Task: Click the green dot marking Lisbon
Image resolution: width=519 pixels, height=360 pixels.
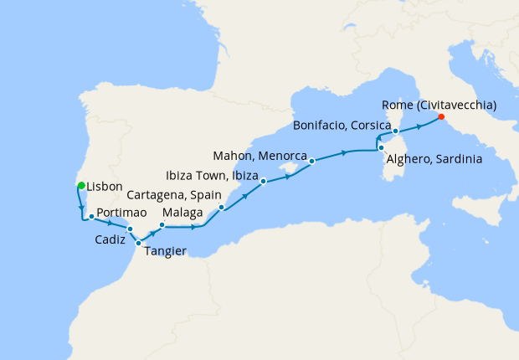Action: (x=80, y=186)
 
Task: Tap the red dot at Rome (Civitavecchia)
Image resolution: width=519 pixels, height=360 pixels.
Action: (x=441, y=118)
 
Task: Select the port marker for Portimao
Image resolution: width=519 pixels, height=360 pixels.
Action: (x=90, y=216)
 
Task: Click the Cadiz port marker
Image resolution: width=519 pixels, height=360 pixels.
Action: (x=130, y=229)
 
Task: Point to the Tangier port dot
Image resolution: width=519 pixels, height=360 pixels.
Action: (x=139, y=243)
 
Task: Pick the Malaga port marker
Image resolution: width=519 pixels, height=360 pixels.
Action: (x=162, y=225)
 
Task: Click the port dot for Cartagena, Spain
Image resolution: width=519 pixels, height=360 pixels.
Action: (x=221, y=207)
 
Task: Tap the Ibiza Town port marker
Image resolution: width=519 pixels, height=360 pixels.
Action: (x=263, y=181)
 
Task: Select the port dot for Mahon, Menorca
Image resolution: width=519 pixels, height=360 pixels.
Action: (x=311, y=161)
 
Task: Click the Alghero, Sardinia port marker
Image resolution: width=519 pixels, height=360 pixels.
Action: (x=380, y=148)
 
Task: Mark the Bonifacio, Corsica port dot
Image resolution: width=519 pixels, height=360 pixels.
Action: (x=395, y=131)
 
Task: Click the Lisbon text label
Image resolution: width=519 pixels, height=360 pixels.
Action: (x=105, y=186)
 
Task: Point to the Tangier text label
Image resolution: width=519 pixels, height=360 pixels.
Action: (x=166, y=250)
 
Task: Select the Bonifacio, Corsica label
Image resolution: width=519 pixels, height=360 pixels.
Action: (x=342, y=126)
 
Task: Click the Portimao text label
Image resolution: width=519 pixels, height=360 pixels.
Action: (x=125, y=213)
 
